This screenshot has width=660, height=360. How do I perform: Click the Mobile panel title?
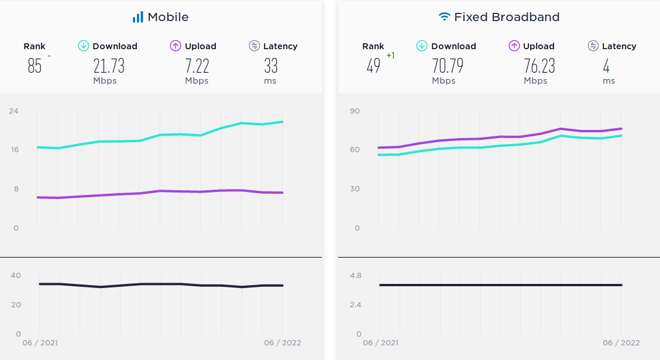click(x=168, y=17)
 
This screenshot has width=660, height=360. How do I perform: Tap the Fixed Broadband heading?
click(x=507, y=17)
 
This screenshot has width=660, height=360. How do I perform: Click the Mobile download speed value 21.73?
click(x=109, y=66)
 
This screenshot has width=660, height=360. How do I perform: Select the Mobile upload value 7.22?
click(x=197, y=66)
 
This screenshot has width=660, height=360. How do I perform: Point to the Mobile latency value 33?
click(x=270, y=66)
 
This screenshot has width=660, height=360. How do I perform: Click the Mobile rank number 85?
click(x=35, y=66)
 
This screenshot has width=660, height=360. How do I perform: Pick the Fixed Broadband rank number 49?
click(x=373, y=66)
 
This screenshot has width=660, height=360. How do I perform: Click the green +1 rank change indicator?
click(x=391, y=56)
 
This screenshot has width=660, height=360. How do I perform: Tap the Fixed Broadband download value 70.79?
click(x=448, y=66)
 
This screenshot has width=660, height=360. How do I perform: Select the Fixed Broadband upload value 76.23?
click(x=539, y=66)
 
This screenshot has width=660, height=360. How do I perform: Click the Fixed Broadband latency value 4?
click(x=606, y=66)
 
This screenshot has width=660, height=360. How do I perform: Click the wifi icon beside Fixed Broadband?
click(x=445, y=17)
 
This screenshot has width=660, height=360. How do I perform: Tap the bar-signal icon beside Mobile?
click(x=138, y=17)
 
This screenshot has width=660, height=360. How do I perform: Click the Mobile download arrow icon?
click(x=84, y=46)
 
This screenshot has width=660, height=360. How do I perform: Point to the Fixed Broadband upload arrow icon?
click(x=514, y=46)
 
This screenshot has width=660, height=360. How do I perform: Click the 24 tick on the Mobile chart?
click(x=13, y=111)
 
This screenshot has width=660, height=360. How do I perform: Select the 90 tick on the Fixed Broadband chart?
click(x=355, y=111)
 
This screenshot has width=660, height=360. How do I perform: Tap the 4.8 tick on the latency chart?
click(x=355, y=275)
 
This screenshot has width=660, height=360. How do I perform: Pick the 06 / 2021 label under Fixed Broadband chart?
click(x=380, y=342)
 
